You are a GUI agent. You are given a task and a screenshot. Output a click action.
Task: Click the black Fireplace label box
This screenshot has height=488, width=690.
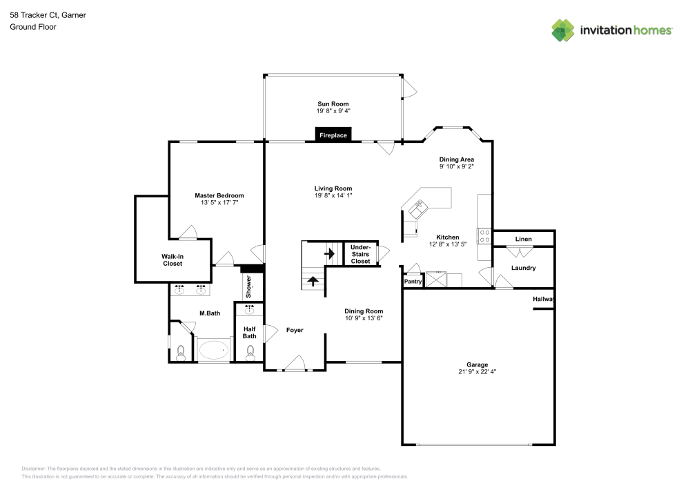333,135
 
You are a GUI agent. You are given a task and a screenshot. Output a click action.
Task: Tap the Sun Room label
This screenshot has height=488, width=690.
333,104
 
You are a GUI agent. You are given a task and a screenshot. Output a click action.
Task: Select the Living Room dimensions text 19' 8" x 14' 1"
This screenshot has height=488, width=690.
333,195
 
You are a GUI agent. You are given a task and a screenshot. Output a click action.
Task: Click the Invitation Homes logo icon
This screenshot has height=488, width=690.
563,30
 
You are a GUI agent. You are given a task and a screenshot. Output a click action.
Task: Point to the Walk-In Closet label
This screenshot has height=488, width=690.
172,260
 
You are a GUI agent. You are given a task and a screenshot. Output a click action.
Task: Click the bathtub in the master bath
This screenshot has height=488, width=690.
213,351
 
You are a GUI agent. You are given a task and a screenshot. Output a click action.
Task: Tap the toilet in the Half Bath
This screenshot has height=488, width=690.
250,354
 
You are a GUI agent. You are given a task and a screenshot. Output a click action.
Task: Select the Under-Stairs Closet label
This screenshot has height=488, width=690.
360,254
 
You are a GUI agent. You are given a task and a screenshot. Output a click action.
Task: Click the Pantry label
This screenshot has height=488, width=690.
413,282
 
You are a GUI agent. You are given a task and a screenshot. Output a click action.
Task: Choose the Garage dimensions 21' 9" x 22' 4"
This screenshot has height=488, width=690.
477,371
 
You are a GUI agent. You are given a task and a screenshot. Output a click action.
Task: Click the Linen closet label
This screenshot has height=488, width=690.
524,239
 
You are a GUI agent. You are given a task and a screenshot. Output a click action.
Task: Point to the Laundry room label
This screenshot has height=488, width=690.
524,268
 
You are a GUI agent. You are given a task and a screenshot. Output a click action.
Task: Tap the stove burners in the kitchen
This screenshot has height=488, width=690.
484,237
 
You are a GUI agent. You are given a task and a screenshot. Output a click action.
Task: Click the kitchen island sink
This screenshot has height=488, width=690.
418,207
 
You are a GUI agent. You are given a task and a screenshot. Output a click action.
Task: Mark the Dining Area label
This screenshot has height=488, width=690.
456,159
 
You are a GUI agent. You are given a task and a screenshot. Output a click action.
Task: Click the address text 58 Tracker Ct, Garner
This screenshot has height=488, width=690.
48,14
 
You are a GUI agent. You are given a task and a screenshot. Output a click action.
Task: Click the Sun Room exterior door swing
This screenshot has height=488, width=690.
408,87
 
